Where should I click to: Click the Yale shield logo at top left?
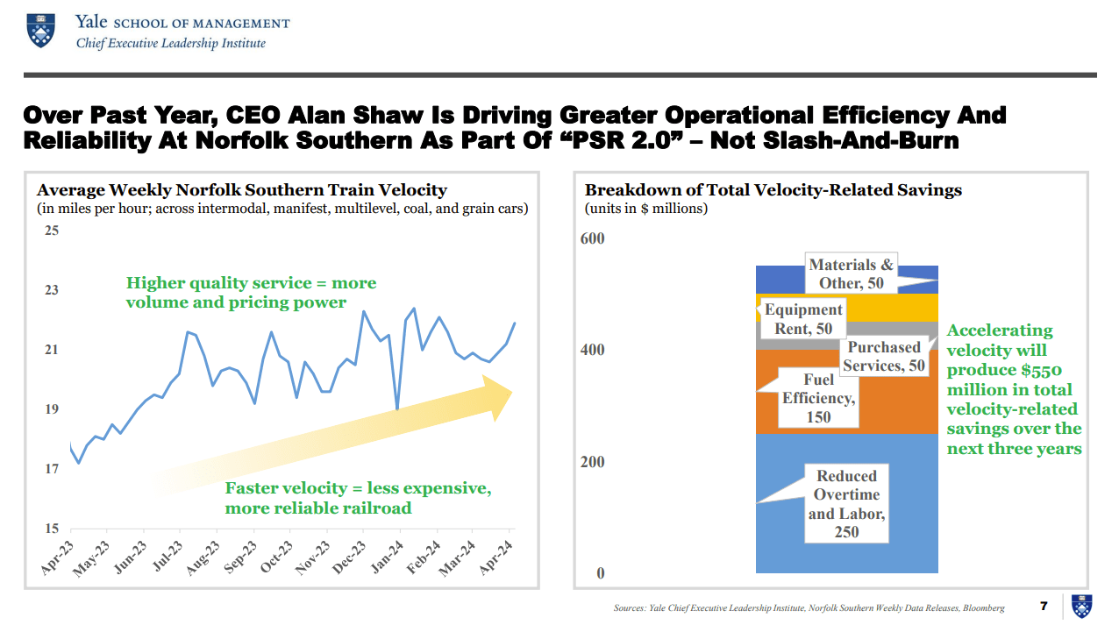(39, 30)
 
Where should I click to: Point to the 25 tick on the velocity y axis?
(52, 231)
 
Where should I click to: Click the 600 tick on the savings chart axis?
(594, 238)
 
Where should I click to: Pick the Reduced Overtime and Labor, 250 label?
(846, 504)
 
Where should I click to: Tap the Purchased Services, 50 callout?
(884, 357)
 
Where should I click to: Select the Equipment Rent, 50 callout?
(803, 319)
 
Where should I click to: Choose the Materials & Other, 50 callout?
(851, 274)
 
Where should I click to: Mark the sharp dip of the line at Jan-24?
(398, 408)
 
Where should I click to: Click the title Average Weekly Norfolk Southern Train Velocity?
(242, 190)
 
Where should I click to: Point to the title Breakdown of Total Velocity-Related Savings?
(773, 190)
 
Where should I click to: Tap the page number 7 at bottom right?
(1044, 606)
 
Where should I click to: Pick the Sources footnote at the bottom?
(809, 607)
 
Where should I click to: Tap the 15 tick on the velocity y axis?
(52, 529)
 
